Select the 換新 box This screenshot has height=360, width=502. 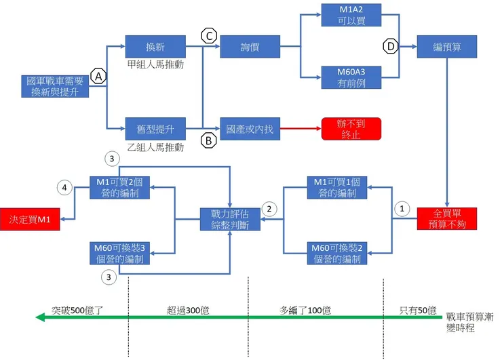coord(155,47)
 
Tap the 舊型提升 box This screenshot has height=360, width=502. coord(155,128)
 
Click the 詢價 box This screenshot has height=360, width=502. coord(250,47)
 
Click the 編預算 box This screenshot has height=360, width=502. coord(447,47)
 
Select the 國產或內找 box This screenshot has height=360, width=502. coord(250,128)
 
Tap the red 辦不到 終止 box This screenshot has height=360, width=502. coord(351,128)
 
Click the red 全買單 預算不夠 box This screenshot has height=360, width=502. coord(446,218)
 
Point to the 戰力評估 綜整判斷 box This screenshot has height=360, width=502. coord(230,219)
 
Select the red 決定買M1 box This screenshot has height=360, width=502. coord(29,219)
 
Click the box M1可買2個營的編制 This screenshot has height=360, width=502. coord(120,186)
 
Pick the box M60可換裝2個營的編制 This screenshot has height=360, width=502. coord(338,252)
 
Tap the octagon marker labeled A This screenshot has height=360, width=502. coord(98,77)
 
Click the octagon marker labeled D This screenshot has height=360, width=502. coord(391,47)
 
